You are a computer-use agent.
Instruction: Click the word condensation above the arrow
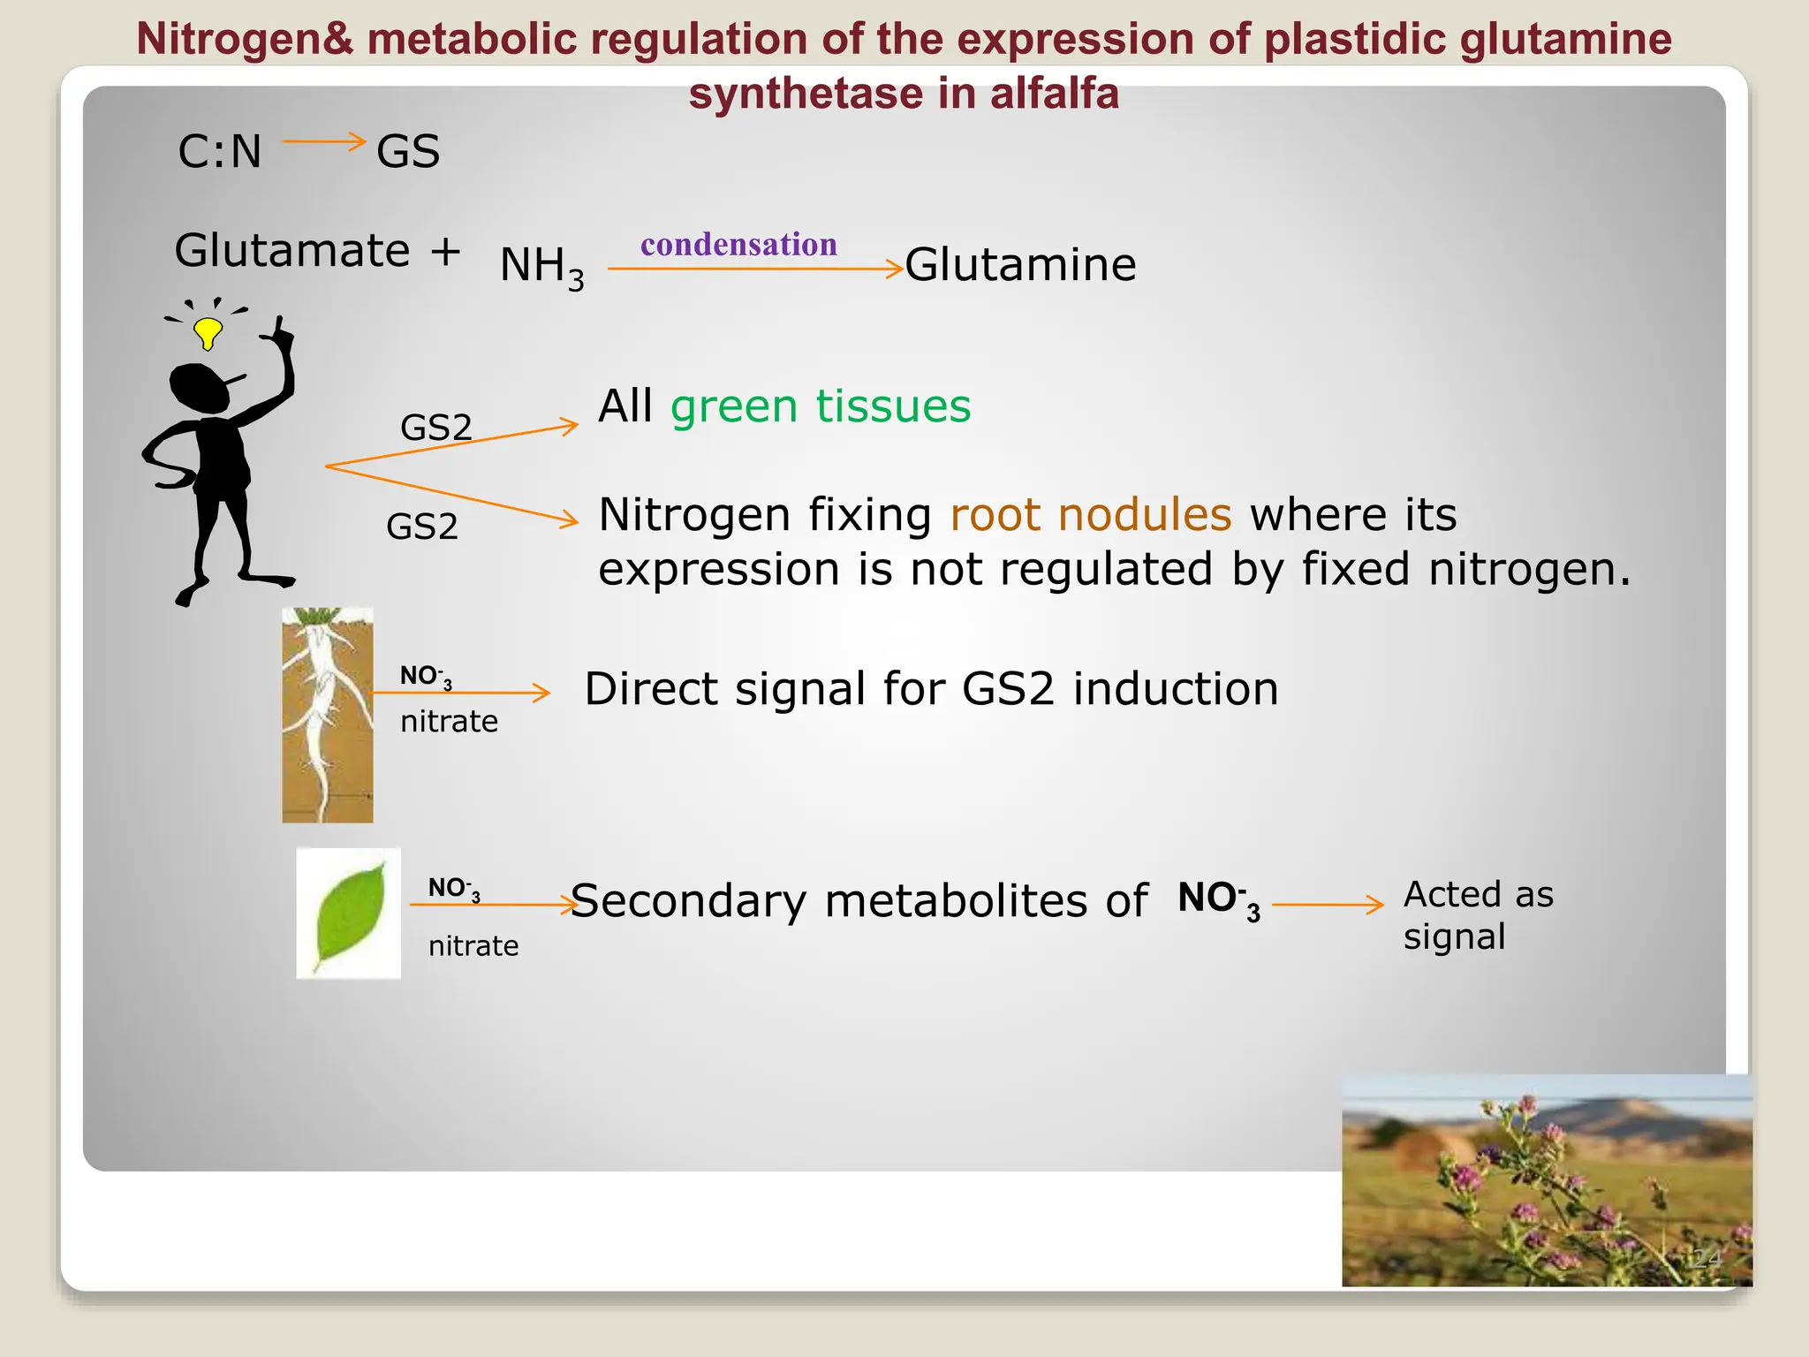click(x=738, y=245)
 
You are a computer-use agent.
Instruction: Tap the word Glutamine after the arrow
click(x=1020, y=265)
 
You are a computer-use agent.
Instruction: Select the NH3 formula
click(x=541, y=267)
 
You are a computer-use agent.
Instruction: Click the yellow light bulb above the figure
click(x=208, y=333)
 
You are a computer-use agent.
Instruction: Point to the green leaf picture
click(x=349, y=914)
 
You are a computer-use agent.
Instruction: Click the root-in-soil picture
click(x=328, y=715)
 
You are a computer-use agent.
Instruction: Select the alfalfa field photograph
click(x=1546, y=1180)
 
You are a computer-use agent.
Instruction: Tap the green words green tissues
click(x=821, y=406)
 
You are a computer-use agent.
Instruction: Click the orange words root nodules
click(x=1090, y=514)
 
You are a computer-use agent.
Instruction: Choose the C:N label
click(x=220, y=152)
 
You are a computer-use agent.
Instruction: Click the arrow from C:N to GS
click(x=323, y=141)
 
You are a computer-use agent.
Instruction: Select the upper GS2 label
click(x=436, y=428)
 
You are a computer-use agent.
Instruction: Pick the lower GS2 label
click(x=422, y=527)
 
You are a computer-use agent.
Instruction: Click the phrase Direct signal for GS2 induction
click(x=931, y=689)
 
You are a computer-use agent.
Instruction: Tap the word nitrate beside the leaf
click(x=473, y=946)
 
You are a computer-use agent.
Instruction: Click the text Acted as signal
click(x=1477, y=915)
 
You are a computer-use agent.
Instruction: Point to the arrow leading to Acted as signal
click(x=1327, y=905)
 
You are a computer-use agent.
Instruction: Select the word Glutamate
click(x=292, y=251)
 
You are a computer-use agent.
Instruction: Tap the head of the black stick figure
click(x=200, y=387)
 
